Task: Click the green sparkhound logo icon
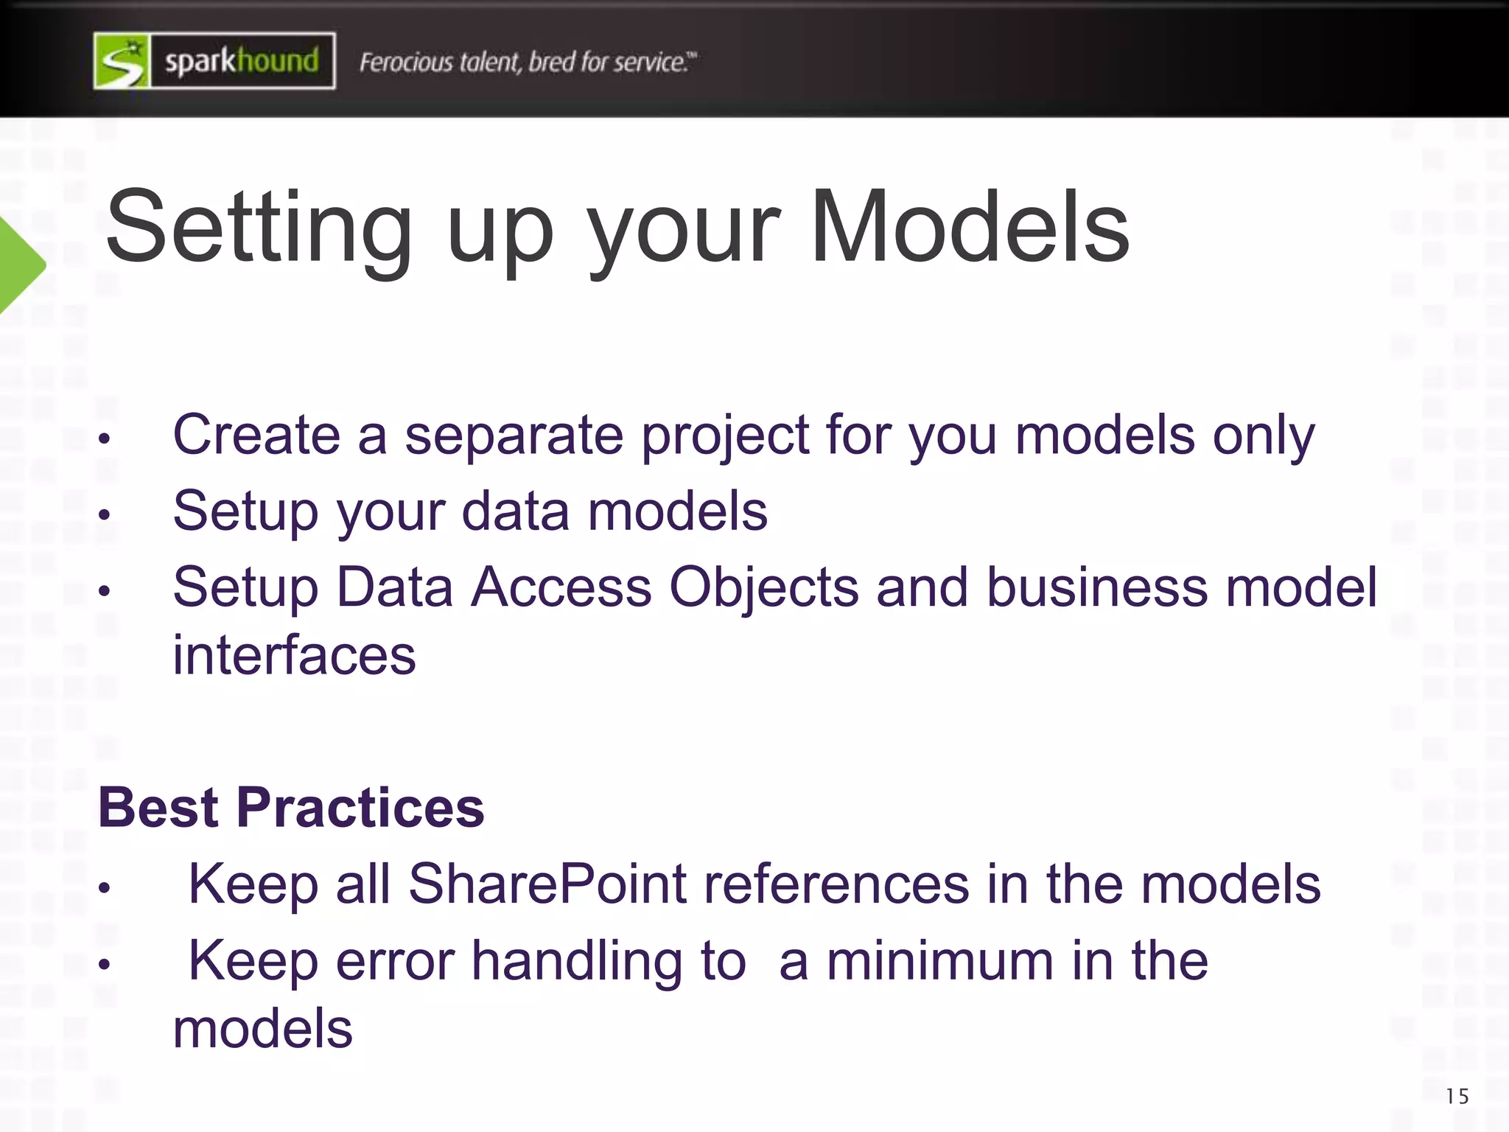122,61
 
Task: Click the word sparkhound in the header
242,61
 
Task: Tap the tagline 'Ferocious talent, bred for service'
527,63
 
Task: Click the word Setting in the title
259,228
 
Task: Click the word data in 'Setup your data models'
515,511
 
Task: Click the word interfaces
294,655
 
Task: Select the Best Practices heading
291,808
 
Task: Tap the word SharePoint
547,884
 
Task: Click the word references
836,884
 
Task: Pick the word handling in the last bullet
577,962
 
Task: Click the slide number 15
1457,1097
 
